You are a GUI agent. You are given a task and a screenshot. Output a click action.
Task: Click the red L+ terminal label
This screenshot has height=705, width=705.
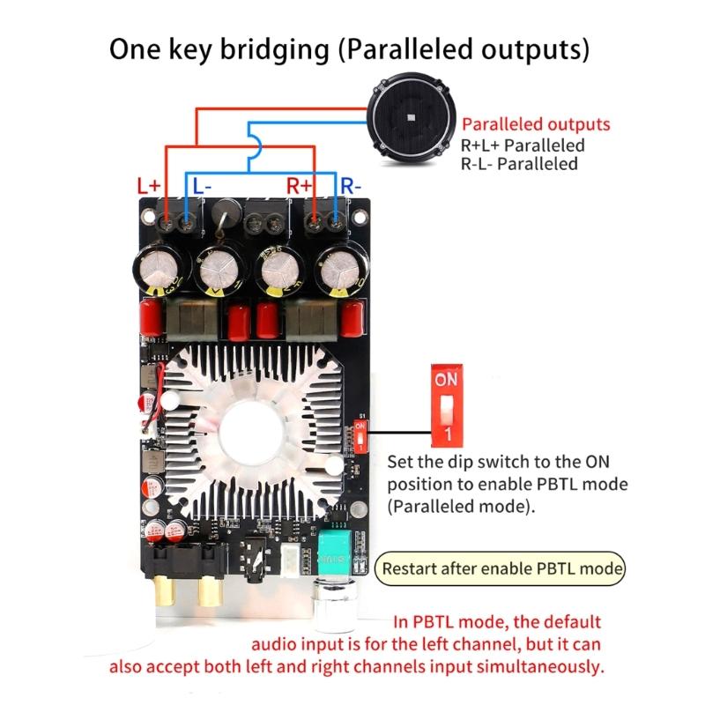coord(149,187)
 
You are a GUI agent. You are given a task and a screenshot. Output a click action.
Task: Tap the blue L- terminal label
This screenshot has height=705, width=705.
coord(202,187)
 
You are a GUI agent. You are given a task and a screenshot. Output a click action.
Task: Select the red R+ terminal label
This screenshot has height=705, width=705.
coord(300,187)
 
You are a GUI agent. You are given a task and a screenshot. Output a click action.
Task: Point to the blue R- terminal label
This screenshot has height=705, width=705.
coord(351,187)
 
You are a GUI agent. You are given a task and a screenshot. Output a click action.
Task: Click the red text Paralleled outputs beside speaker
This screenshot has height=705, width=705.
coord(536,125)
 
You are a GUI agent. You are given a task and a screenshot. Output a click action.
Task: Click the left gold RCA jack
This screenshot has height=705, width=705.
coord(165,590)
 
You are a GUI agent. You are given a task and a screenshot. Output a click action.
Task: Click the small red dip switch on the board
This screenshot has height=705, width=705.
coord(360,436)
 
